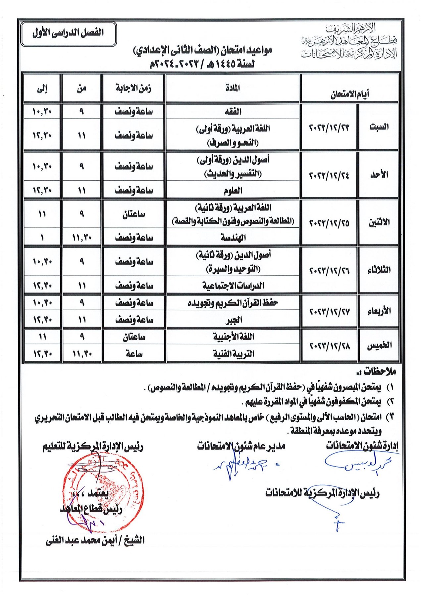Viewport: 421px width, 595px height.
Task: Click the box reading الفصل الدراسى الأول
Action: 68,34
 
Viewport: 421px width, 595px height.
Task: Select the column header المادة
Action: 233,88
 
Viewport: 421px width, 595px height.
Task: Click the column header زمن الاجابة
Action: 133,88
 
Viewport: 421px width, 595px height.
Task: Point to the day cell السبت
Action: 379,127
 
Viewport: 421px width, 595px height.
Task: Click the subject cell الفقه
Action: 233,112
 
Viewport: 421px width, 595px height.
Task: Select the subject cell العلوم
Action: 233,191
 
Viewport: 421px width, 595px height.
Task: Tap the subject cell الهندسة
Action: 233,238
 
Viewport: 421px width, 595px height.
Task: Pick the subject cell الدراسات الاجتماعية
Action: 233,286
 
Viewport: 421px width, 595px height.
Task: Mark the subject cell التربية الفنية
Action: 233,354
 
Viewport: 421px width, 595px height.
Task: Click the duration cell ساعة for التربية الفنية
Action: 133,354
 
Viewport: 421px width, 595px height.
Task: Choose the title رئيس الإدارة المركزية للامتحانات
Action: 322,493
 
